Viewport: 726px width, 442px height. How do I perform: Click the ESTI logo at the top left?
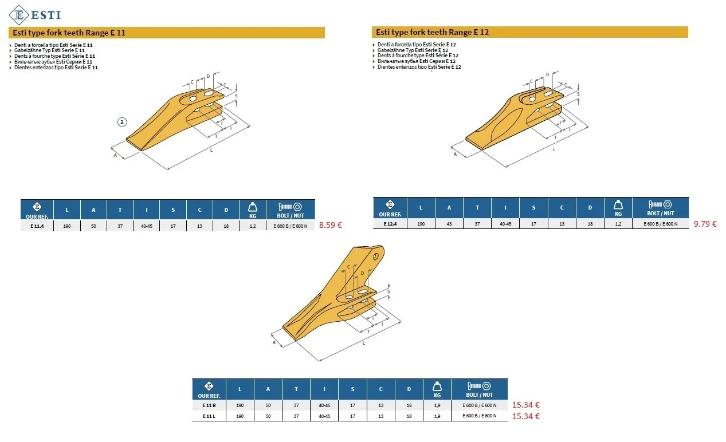pos(35,15)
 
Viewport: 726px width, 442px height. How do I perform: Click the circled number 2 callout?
pos(122,122)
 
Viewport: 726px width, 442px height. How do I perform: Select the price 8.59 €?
pos(330,225)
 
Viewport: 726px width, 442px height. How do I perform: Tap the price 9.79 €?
pos(705,224)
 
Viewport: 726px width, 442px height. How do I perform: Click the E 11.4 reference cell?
pos(37,226)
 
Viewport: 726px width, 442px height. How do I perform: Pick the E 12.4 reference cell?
pos(390,224)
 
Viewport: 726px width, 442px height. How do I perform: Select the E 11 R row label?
pos(209,405)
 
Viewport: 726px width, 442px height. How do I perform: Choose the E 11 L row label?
pos(209,416)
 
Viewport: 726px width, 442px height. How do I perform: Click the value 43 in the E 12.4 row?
pos(449,224)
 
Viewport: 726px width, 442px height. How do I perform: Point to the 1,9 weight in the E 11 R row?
pos(437,405)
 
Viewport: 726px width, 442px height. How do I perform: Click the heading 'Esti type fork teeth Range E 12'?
pos(432,32)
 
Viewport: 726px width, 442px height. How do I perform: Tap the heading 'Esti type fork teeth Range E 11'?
pos(69,33)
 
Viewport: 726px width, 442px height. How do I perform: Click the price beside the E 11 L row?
pos(525,416)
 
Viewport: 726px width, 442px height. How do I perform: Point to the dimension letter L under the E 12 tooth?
pos(554,149)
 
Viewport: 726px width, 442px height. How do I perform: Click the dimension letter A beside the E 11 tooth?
pos(115,155)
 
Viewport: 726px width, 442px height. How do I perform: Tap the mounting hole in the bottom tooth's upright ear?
pos(376,256)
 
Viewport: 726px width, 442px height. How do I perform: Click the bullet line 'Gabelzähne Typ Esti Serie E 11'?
pos(49,50)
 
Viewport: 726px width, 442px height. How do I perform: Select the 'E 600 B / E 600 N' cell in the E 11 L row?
pos(479,416)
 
